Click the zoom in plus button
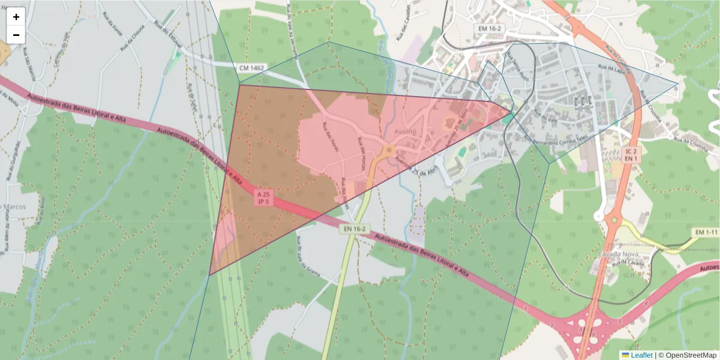tap(16, 17)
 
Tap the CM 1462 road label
tap(252, 69)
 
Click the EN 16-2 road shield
tap(355, 229)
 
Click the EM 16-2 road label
tap(490, 28)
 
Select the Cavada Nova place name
tap(617, 254)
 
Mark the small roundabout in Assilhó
tap(389, 149)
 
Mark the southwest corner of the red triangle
tap(209, 275)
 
